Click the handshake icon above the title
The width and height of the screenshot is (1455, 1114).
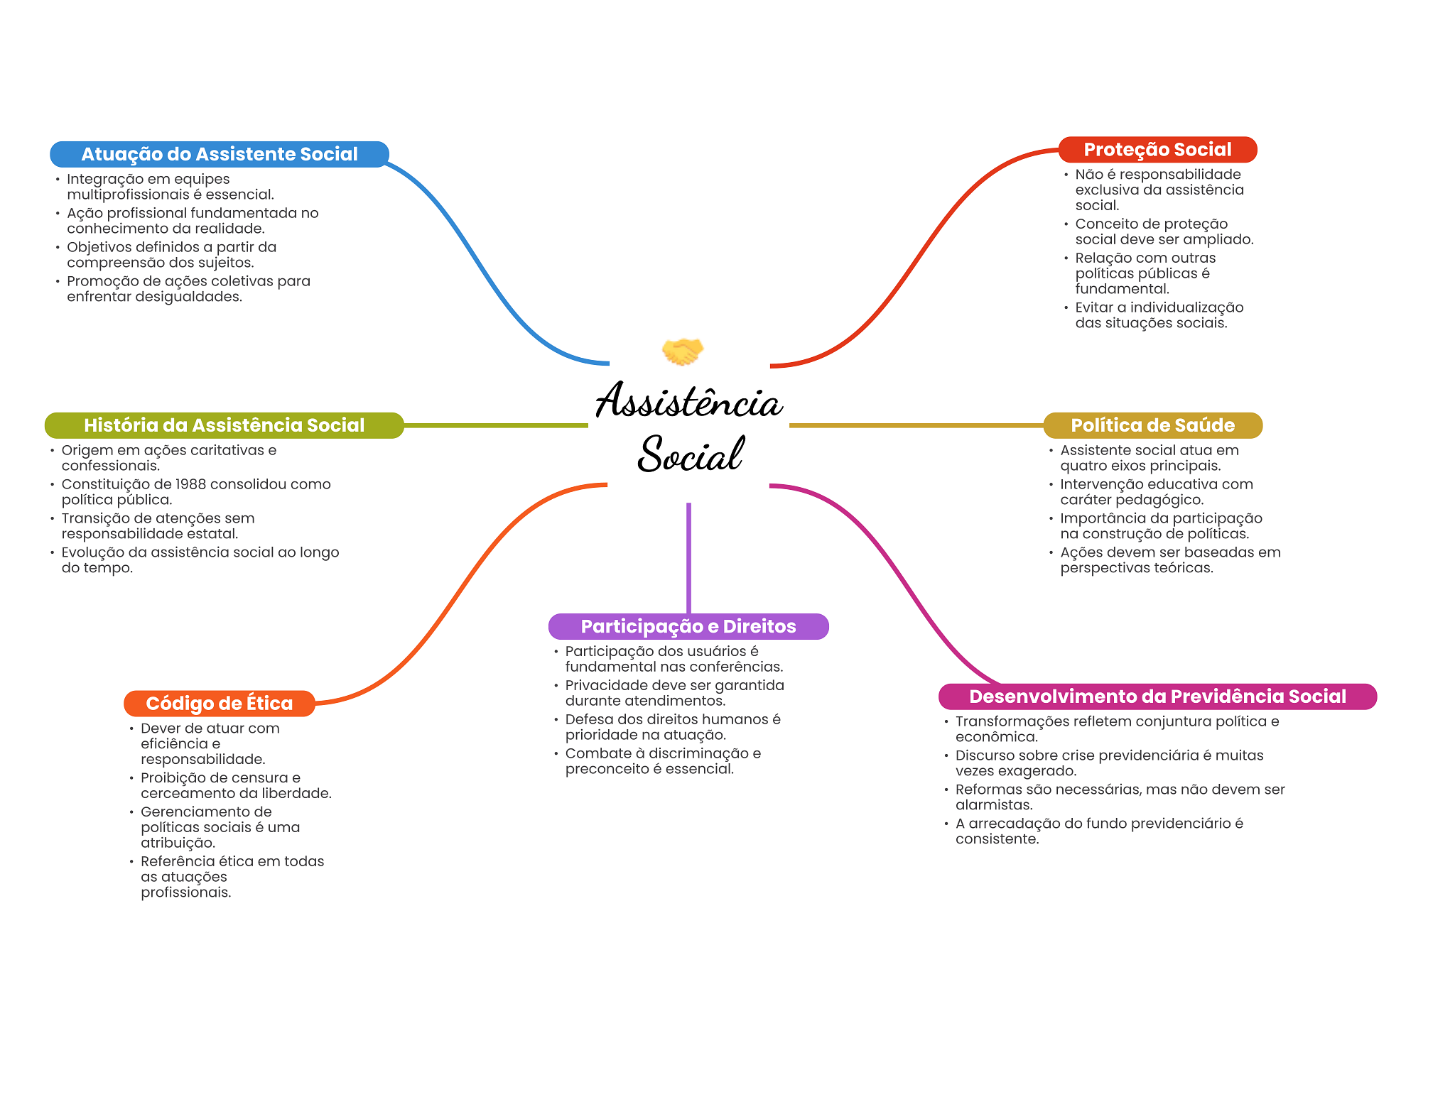tap(682, 351)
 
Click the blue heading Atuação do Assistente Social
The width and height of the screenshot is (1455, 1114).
tap(219, 154)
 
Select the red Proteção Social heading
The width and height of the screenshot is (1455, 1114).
tap(1157, 150)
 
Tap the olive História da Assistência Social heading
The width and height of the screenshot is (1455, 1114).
tap(224, 425)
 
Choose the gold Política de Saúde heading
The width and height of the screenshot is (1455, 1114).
tap(1152, 425)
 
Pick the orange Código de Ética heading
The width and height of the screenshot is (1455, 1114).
tap(219, 704)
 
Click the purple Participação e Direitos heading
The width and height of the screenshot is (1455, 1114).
tap(688, 626)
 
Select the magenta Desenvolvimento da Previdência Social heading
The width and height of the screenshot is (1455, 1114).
tap(1157, 697)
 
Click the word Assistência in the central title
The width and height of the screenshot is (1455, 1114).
tap(688, 401)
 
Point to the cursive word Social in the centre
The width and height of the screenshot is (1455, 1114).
tap(690, 454)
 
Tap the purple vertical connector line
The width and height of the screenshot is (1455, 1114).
tap(688, 557)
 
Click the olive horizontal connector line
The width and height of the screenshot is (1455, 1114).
tap(495, 425)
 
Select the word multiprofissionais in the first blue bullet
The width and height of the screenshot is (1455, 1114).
tap(128, 195)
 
